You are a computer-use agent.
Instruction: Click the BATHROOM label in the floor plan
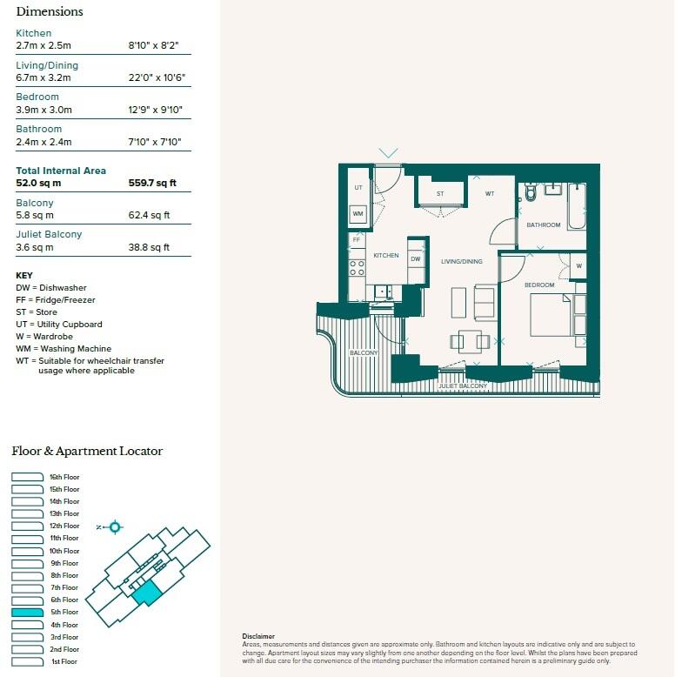(x=544, y=225)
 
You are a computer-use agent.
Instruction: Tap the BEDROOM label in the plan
(x=540, y=285)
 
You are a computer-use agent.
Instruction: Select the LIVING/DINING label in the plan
(x=461, y=261)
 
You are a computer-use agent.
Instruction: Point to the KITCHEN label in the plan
(x=386, y=256)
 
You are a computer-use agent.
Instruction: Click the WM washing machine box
(x=358, y=213)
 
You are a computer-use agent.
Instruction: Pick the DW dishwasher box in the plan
(x=416, y=258)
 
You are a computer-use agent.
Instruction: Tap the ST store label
(x=440, y=193)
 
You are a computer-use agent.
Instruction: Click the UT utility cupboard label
(x=358, y=188)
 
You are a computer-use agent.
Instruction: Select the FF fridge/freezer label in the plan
(x=356, y=239)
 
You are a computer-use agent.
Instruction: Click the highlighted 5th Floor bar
(x=28, y=613)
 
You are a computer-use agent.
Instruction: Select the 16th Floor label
(x=64, y=477)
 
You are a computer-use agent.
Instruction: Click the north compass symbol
(x=114, y=526)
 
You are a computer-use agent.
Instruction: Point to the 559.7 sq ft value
(x=152, y=184)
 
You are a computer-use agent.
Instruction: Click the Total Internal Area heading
(x=61, y=171)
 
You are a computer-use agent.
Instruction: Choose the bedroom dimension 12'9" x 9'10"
(x=156, y=111)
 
